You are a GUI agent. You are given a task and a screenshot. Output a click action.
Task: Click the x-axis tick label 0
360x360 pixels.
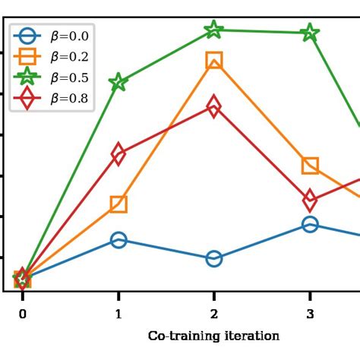[23, 314]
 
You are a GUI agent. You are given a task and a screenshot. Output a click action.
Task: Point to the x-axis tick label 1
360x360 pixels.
[118, 314]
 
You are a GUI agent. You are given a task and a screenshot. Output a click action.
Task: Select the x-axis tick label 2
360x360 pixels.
[214, 314]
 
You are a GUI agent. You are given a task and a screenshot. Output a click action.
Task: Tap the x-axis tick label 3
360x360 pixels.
[310, 314]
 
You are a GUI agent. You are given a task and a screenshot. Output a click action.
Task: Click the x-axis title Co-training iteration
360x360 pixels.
[213, 336]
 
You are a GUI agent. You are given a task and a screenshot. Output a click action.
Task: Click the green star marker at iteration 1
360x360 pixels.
[118, 82]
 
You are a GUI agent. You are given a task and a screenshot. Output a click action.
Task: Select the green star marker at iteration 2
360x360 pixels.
[214, 30]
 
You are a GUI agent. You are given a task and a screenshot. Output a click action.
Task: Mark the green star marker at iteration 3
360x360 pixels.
[310, 33]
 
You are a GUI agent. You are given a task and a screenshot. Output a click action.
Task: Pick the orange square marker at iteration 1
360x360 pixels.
[118, 204]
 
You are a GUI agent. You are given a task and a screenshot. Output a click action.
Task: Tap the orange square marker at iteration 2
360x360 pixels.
[214, 60]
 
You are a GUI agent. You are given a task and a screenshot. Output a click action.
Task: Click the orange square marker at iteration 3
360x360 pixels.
[310, 166]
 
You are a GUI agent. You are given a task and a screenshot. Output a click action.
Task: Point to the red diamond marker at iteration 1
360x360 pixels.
[118, 154]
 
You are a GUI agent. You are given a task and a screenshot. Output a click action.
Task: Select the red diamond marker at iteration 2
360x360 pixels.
[214, 107]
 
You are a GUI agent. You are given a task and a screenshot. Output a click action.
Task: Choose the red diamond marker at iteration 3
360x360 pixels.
[310, 201]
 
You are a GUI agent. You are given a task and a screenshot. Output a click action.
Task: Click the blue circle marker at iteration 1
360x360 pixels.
[118, 240]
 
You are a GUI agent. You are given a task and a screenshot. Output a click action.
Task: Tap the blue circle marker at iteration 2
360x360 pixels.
[214, 259]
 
